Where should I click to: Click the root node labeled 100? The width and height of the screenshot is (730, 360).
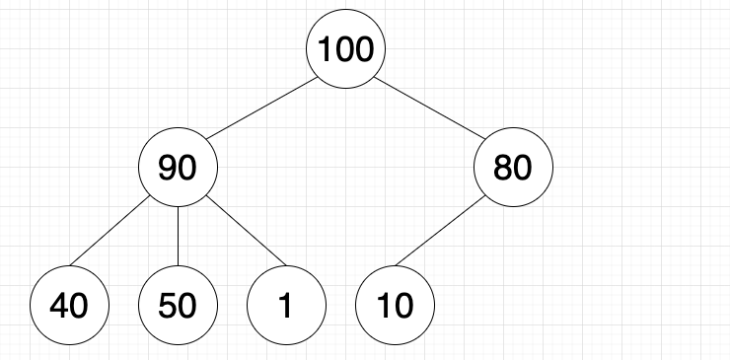pyautogui.click(x=345, y=49)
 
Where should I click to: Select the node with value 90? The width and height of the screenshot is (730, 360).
pyautogui.click(x=178, y=169)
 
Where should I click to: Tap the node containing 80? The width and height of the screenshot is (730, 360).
pyautogui.click(x=513, y=169)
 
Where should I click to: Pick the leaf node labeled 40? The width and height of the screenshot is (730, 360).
pyautogui.click(x=69, y=307)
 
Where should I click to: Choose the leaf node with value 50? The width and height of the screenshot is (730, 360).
pyautogui.click(x=178, y=307)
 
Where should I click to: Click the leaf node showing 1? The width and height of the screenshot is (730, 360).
pyautogui.click(x=286, y=307)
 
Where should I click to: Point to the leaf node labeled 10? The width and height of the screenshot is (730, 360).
pyautogui.click(x=395, y=307)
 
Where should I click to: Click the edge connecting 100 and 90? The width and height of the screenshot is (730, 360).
pyautogui.click(x=261, y=108)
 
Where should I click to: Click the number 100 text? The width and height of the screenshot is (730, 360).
pyautogui.click(x=345, y=50)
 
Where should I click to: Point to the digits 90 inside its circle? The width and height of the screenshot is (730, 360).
pyautogui.click(x=178, y=170)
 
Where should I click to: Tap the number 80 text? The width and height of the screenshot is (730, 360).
pyautogui.click(x=513, y=170)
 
